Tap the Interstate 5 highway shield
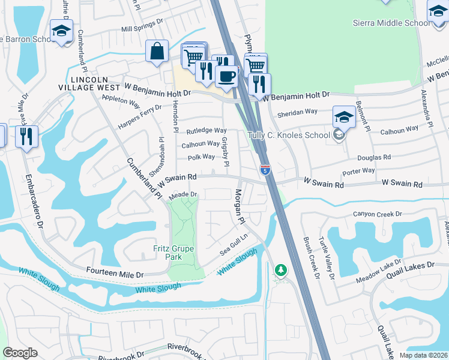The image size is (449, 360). (x=265, y=170)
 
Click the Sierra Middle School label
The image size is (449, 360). (x=391, y=23)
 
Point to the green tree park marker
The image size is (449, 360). (x=280, y=271)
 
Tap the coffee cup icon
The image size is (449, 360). (x=226, y=76)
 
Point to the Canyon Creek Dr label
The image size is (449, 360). (x=377, y=214)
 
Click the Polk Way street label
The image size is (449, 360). (x=201, y=157)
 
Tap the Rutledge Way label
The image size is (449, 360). (x=206, y=130)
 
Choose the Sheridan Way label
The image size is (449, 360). (x=297, y=112)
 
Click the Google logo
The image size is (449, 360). (x=20, y=353)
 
